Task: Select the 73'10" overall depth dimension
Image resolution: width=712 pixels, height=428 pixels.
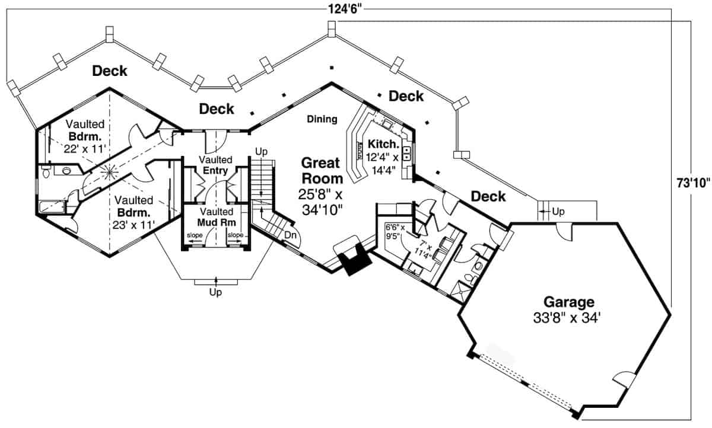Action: click(x=692, y=183)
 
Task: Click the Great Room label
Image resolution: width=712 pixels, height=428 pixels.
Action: click(x=321, y=170)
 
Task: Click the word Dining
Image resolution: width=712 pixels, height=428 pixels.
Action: click(x=322, y=119)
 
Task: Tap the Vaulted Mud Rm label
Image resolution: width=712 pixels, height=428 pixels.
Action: click(x=217, y=217)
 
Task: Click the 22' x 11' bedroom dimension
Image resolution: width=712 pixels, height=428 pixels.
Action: click(x=84, y=149)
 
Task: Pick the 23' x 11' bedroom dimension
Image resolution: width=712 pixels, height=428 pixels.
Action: click(x=133, y=225)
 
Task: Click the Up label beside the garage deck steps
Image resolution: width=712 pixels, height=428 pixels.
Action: click(x=558, y=212)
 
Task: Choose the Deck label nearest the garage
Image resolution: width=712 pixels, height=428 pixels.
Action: click(x=489, y=196)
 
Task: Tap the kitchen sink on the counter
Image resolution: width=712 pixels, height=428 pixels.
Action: click(x=407, y=155)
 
